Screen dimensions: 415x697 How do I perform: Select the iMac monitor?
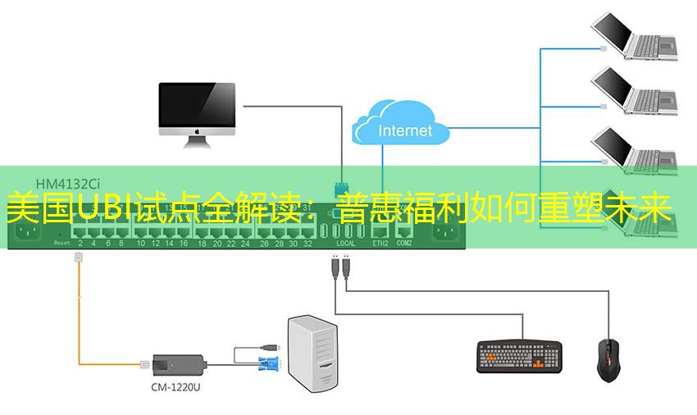click(197, 112)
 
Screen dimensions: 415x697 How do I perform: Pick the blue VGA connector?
click(269, 366)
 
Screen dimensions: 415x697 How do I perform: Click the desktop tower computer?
click(313, 355)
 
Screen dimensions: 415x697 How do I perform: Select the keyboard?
click(519, 356)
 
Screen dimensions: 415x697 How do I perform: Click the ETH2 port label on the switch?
click(380, 244)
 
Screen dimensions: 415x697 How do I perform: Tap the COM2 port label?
click(404, 244)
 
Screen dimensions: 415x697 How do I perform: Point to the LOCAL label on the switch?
click(346, 244)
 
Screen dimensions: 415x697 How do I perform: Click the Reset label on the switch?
click(61, 244)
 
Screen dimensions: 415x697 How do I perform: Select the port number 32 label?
click(307, 244)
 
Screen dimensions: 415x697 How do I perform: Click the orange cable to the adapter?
click(79, 320)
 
